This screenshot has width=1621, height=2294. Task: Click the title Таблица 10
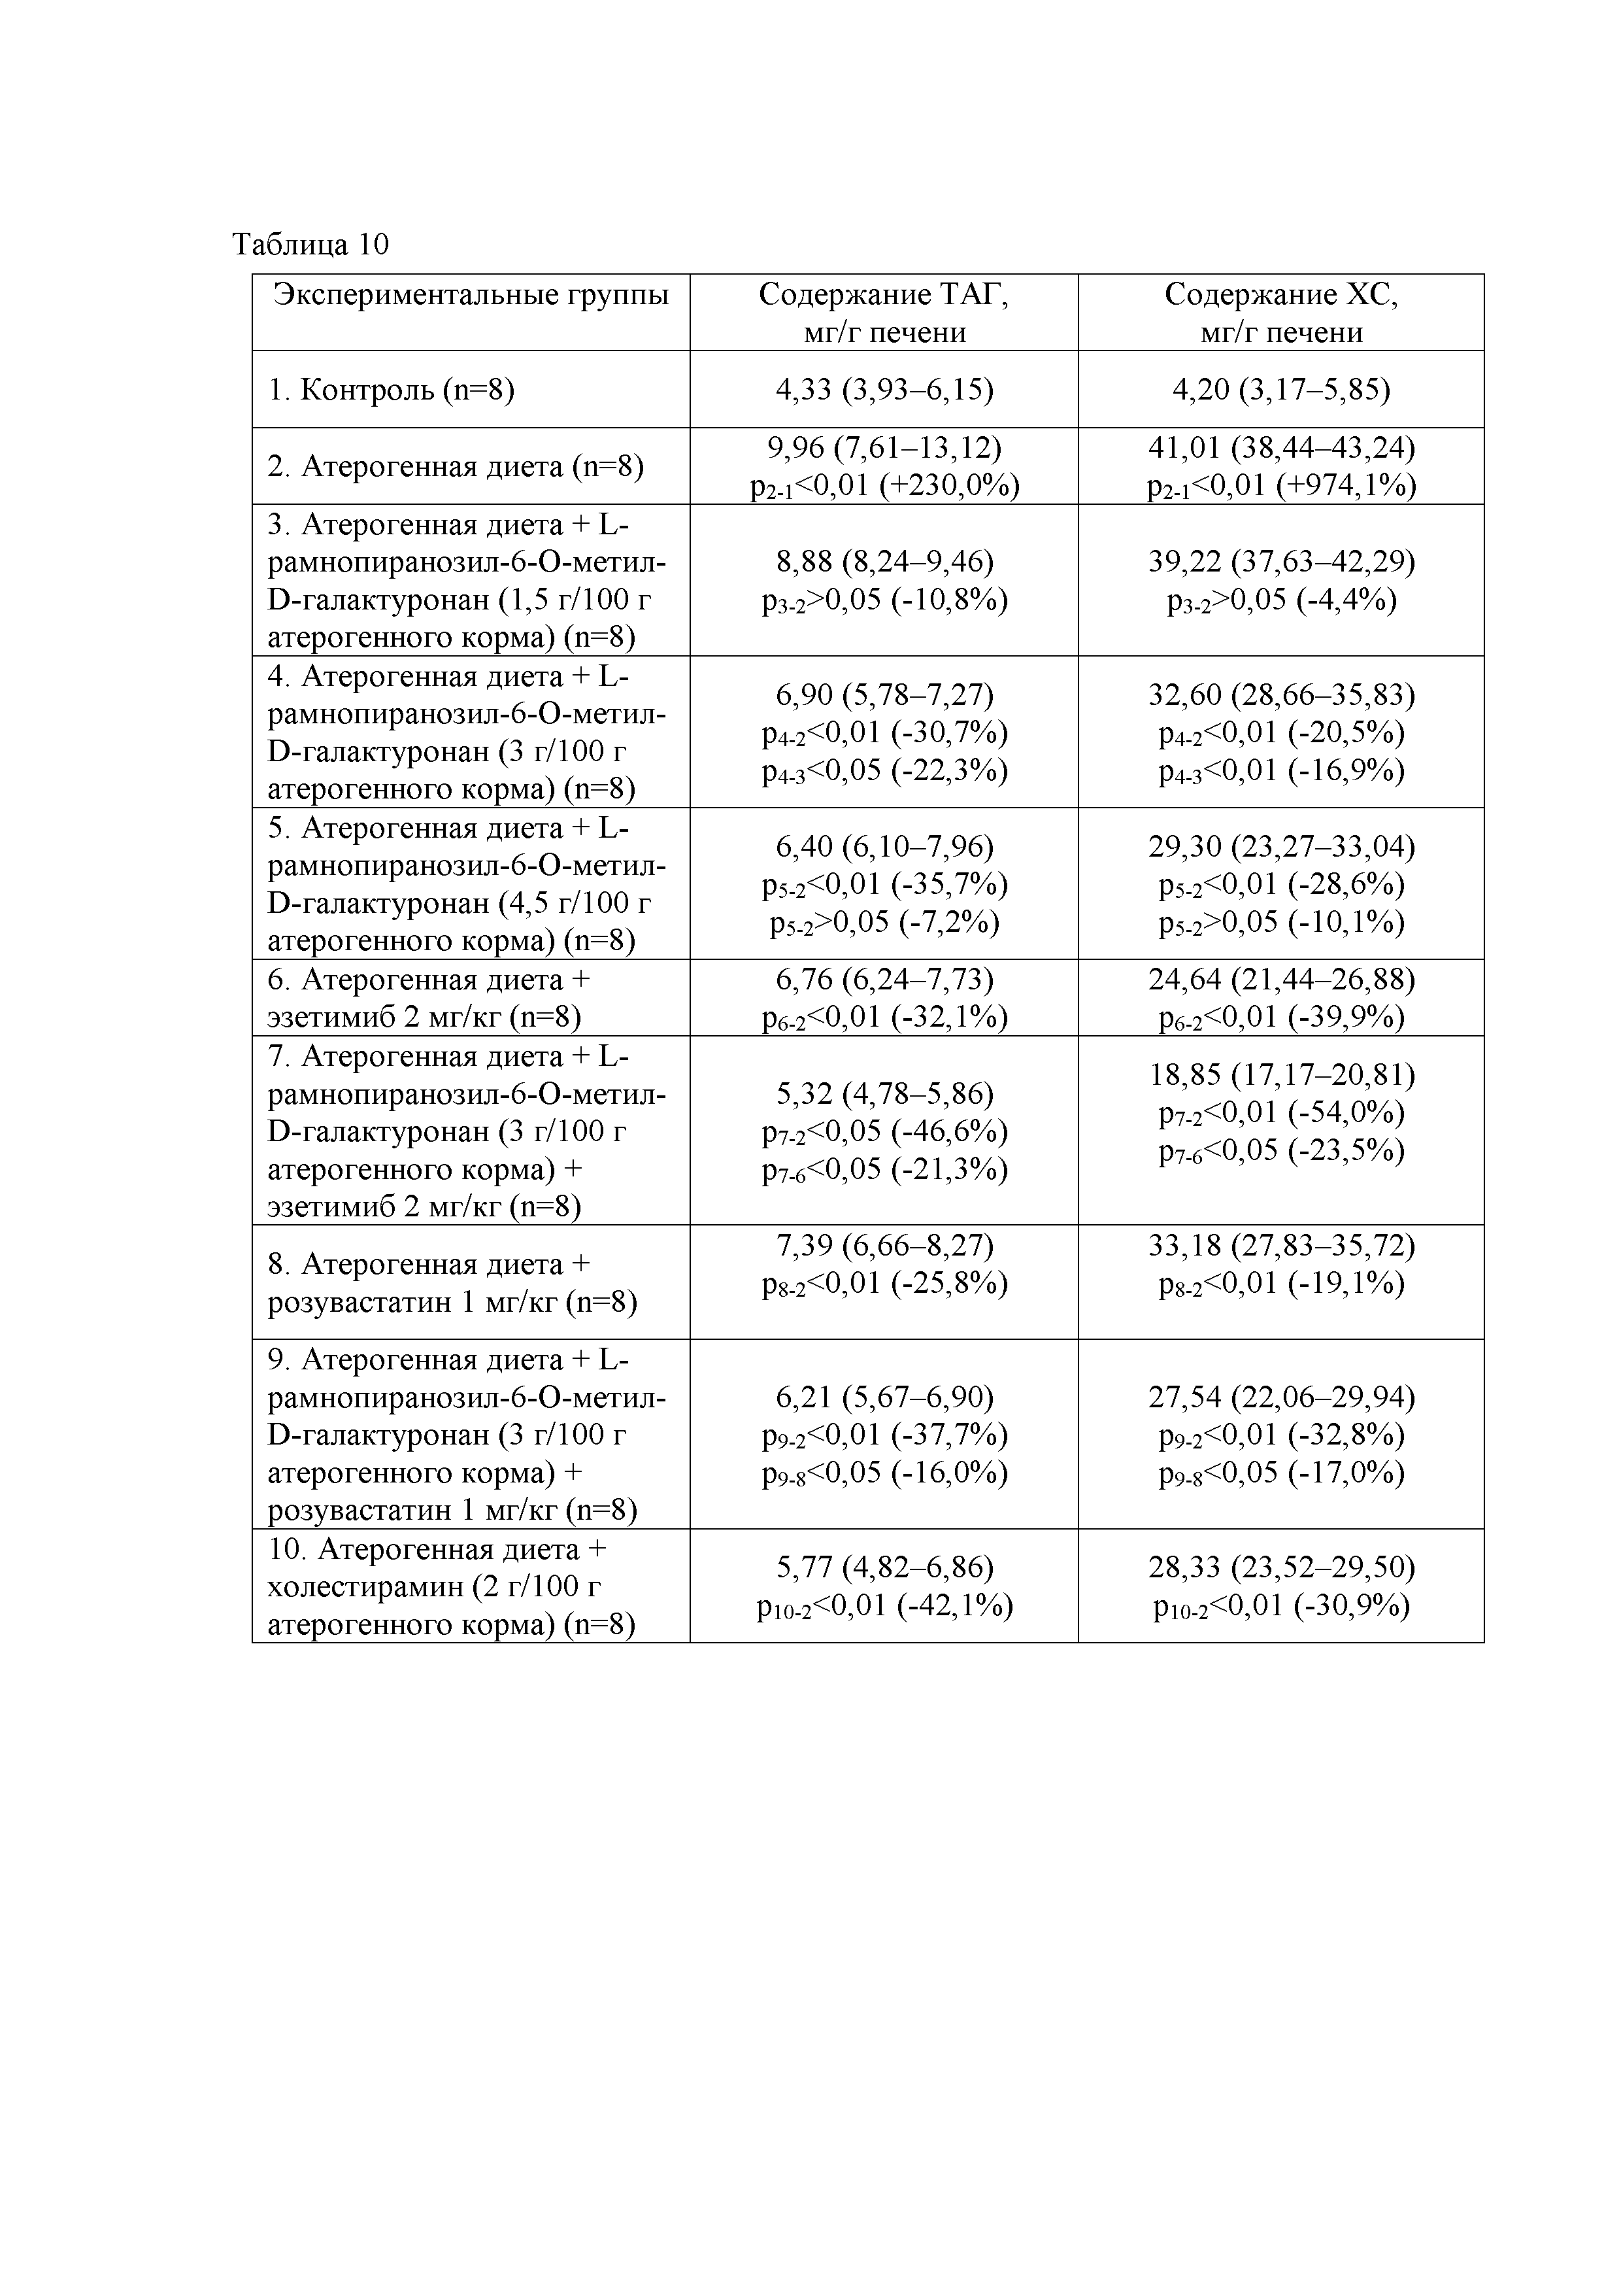pyautogui.click(x=310, y=245)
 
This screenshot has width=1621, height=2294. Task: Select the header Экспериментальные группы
pyautogui.click(x=471, y=295)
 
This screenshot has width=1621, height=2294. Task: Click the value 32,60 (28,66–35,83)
pyautogui.click(x=1281, y=694)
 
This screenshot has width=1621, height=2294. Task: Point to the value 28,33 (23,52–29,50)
pyautogui.click(x=1281, y=1567)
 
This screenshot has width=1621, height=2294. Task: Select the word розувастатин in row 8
pyautogui.click(x=357, y=1303)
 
